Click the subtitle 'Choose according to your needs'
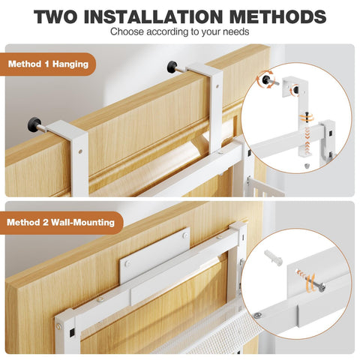tap(179, 32)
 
